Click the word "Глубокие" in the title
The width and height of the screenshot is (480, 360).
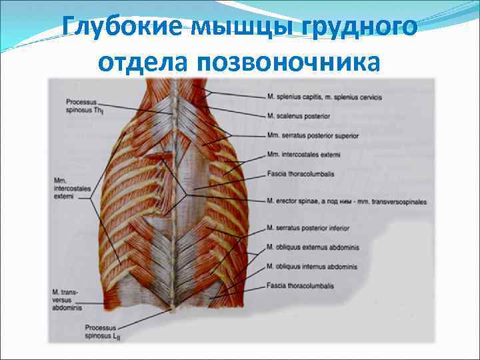pos(114,29)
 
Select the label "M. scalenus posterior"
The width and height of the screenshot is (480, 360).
pos(298,116)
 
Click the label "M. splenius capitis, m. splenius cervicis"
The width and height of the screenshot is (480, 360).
pos(324,97)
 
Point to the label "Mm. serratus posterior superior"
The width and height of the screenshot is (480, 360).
pos(312,136)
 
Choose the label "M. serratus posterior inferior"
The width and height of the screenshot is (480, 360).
pos(309,228)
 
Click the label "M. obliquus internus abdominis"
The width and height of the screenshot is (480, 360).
pos(311,267)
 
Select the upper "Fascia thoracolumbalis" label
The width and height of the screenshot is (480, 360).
pos(299,175)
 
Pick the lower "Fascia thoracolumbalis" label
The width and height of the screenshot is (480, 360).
pos(299,287)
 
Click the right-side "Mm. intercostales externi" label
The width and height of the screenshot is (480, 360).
pos(303,155)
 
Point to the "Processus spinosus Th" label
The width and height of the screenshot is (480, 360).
pos(82,105)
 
